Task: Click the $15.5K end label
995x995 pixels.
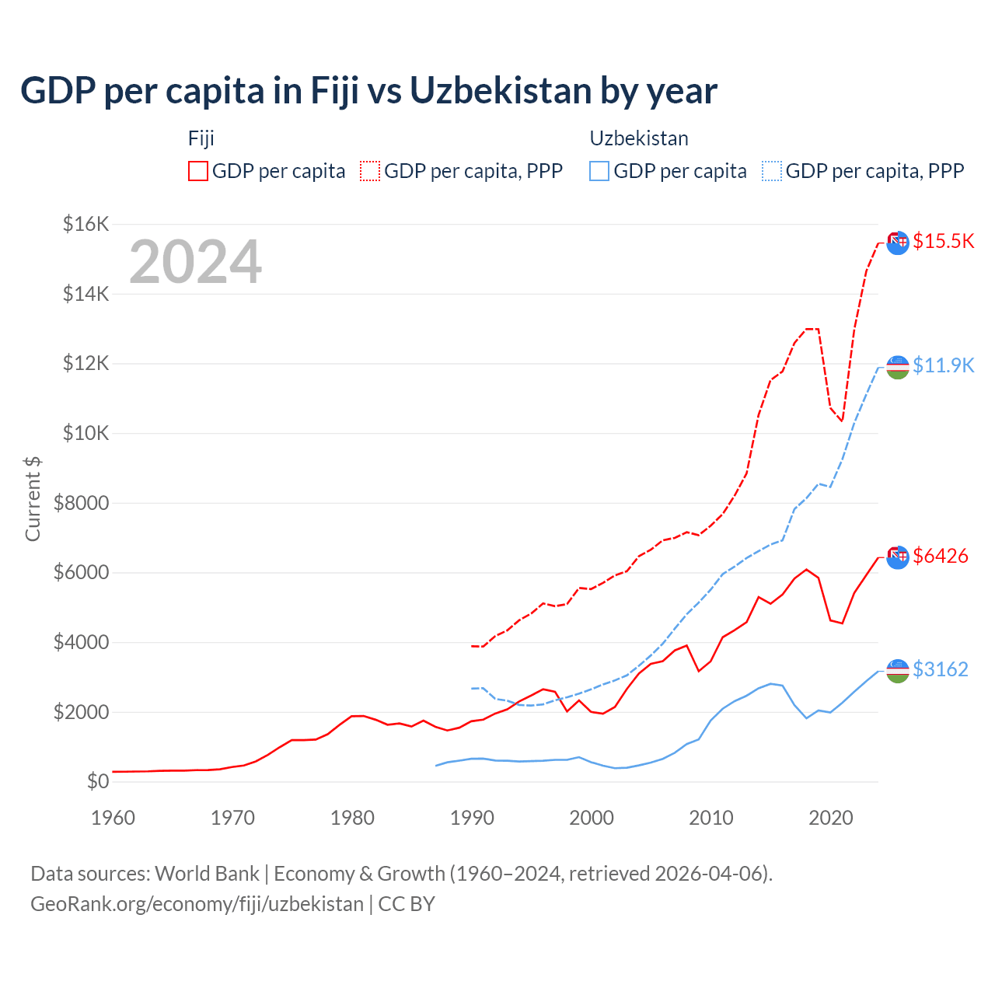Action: point(943,241)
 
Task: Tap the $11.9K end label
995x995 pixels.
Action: point(943,365)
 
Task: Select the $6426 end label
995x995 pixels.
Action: point(941,556)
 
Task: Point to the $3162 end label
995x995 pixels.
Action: point(941,669)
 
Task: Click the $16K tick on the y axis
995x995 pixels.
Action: point(86,225)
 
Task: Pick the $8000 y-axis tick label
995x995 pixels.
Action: point(81,503)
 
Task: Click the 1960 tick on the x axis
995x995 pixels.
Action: point(113,818)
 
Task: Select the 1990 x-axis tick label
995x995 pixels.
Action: point(472,818)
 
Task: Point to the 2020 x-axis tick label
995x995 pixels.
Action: point(831,818)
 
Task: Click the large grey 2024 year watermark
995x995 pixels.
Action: point(195,262)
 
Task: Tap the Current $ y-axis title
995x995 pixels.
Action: point(33,498)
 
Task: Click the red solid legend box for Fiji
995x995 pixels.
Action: point(198,171)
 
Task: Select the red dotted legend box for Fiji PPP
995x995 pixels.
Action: point(370,171)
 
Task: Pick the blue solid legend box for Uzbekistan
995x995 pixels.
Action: point(599,171)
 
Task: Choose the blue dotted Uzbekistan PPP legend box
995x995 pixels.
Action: point(772,171)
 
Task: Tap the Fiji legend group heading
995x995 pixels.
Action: point(201,138)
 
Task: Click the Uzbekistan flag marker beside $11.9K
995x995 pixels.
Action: point(898,367)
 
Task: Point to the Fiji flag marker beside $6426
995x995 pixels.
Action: point(898,557)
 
